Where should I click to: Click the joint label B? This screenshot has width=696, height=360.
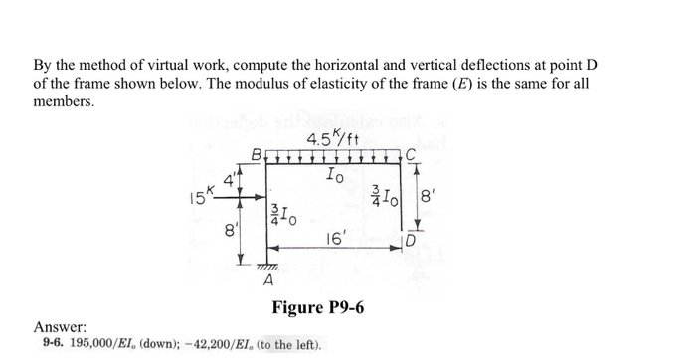pyautogui.click(x=258, y=155)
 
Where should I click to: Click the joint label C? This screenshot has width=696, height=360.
pyautogui.click(x=412, y=154)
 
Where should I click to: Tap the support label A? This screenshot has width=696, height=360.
pyautogui.click(x=266, y=281)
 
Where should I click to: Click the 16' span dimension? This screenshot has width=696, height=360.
pyautogui.click(x=336, y=240)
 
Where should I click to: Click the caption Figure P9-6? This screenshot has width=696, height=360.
pyautogui.click(x=317, y=307)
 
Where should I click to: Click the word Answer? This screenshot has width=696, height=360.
pyautogui.click(x=60, y=327)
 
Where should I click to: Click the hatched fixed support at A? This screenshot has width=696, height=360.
pyautogui.click(x=263, y=268)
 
